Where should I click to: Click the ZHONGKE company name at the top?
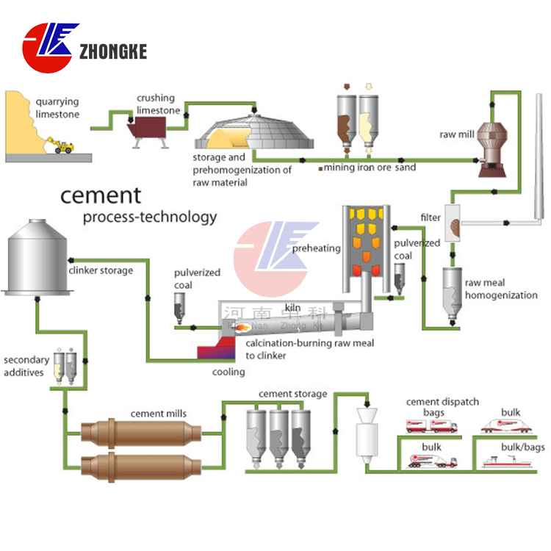pyautogui.click(x=113, y=51)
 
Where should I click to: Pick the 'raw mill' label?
pyautogui.click(x=458, y=134)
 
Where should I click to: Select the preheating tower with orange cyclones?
pyautogui.click(x=364, y=246)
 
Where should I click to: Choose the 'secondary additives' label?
pyautogui.click(x=26, y=366)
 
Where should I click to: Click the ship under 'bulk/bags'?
pyautogui.click(x=506, y=461)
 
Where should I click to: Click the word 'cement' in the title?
pyautogui.click(x=100, y=195)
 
